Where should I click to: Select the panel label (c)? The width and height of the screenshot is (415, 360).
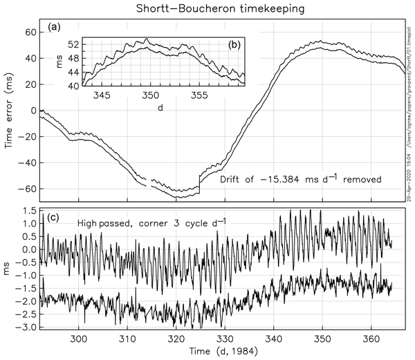(53, 211)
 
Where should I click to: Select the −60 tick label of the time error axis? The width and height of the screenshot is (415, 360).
(26, 189)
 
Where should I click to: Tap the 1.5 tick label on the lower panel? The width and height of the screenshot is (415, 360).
(28, 210)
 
